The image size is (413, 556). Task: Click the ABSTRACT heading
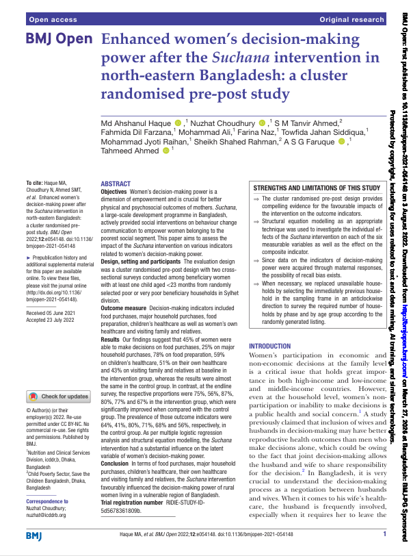(x=116, y=185)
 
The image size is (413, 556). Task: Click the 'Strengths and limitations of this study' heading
(x=317, y=187)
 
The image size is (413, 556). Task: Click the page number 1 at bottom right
(x=385, y=533)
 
